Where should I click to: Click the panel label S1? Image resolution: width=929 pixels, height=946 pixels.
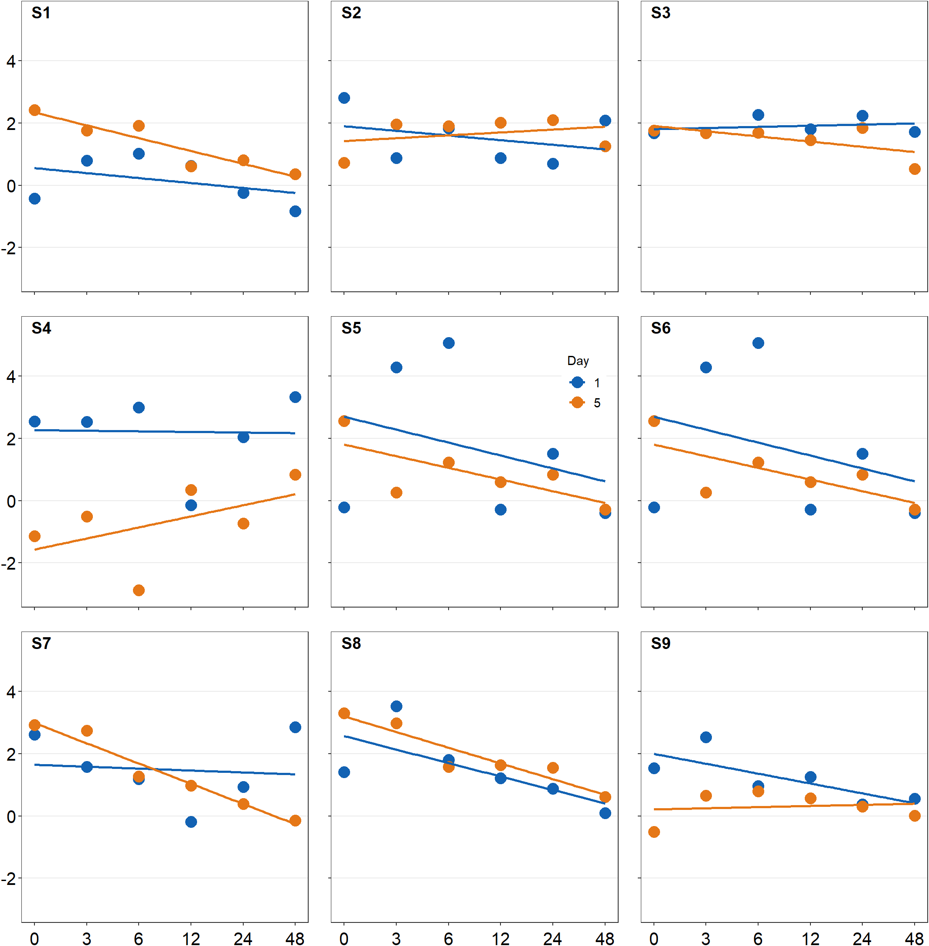point(41,13)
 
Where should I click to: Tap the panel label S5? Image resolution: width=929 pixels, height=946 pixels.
point(351,328)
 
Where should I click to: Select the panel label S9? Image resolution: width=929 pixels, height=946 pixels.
point(660,643)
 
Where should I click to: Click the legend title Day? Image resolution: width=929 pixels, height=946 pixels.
point(578,361)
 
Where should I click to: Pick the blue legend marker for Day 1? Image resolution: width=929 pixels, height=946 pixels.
point(577,382)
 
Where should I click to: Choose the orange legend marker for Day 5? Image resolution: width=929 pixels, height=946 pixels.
point(577,402)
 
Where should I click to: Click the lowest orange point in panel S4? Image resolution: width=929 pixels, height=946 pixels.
point(139,590)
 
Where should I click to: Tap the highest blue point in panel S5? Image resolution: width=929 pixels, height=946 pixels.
point(449,343)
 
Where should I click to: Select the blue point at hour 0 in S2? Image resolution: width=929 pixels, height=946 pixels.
point(344,98)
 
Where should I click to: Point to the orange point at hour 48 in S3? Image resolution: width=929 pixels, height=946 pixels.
point(914,169)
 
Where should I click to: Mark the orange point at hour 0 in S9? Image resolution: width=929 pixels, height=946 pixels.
point(654,832)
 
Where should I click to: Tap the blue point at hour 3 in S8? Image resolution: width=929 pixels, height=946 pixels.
point(396,706)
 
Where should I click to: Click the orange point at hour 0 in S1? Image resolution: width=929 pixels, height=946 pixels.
point(34,110)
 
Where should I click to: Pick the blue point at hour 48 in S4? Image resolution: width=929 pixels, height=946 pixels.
point(295,397)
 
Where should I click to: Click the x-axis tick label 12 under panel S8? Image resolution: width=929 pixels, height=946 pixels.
point(500,938)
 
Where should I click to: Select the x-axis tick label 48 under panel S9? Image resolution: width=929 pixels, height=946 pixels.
point(914,938)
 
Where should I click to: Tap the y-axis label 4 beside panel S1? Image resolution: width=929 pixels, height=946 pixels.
point(11,61)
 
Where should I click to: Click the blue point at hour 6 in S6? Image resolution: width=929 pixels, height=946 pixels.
point(758,343)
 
